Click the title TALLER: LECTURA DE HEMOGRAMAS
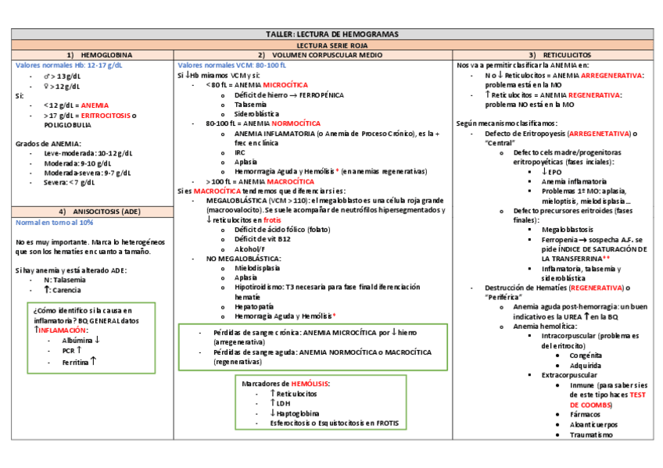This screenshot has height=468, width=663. click(331, 35)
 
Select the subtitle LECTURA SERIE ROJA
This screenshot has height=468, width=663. click(331, 45)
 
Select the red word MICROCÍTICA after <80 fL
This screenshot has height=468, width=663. click(285, 84)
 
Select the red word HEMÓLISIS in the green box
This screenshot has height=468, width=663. click(310, 384)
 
